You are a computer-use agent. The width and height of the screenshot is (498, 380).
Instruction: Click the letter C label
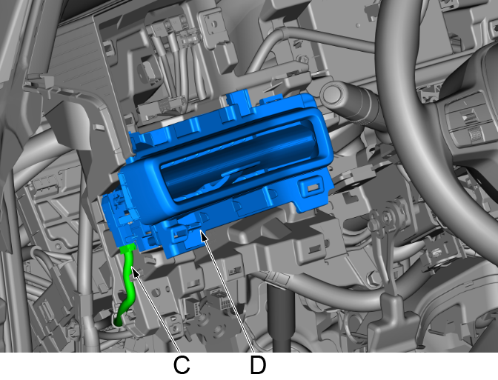[182, 365]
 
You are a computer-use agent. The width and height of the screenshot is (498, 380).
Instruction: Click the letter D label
[258, 365]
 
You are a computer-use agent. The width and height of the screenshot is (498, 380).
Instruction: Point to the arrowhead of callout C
[134, 272]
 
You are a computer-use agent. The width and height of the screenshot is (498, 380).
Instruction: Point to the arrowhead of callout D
[203, 235]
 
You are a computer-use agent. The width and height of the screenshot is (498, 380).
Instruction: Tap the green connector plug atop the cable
[129, 247]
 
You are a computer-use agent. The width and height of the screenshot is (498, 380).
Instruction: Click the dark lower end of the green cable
[118, 321]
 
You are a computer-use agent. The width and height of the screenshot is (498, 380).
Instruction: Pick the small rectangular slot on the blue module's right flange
[313, 187]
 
